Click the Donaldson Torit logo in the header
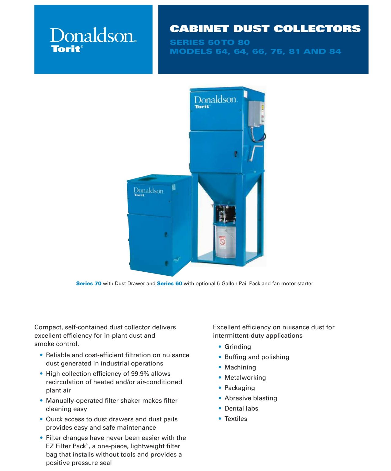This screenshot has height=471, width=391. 93,40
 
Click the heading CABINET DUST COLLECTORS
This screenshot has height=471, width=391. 265,29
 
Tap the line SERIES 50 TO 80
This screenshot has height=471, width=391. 210,42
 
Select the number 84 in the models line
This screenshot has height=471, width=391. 335,52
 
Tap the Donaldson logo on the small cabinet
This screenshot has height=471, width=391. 148,191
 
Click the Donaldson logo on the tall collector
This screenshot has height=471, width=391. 215,101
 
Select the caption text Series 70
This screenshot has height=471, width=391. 89,283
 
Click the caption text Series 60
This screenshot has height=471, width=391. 169,283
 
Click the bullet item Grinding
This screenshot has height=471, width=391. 237,347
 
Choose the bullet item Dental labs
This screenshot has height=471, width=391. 241,408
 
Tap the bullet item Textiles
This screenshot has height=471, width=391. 236,419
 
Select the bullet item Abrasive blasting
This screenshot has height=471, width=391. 251,398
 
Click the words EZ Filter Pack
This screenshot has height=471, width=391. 66,446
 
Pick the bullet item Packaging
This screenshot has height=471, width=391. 240,388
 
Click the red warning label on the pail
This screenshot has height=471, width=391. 222,242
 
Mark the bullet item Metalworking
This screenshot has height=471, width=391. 245,377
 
